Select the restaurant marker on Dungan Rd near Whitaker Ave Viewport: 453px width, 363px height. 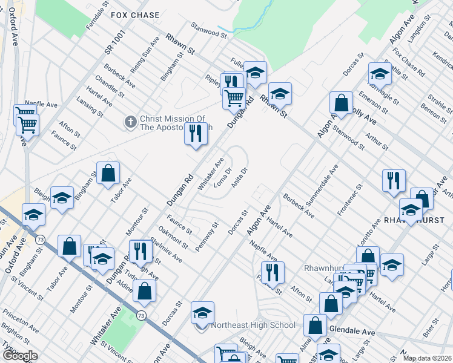point(196,132)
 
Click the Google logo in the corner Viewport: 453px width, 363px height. point(20,356)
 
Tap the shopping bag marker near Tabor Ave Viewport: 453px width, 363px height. point(107,173)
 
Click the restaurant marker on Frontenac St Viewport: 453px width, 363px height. point(394,180)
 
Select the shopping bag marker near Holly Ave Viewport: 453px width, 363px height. point(342,103)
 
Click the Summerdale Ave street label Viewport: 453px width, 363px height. point(326,185)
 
